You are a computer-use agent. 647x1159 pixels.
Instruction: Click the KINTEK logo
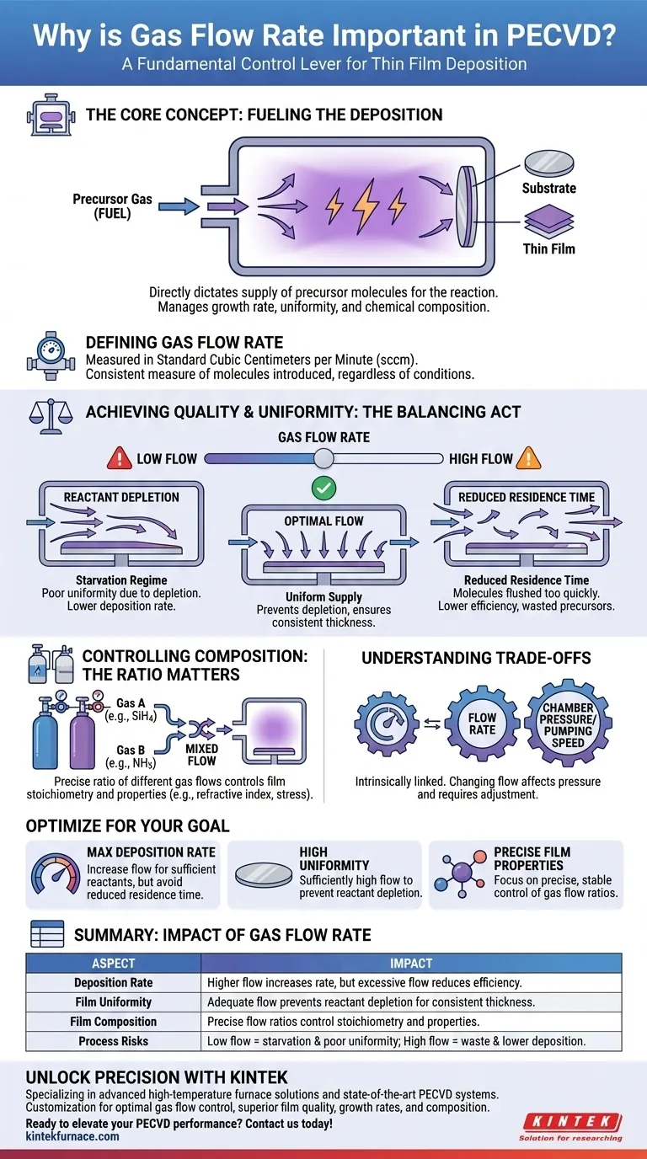tap(574, 1121)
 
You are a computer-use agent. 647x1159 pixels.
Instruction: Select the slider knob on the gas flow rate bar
tap(323, 459)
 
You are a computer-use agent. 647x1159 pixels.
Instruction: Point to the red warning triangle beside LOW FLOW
tap(119, 458)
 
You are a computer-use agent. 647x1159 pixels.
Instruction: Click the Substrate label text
tap(549, 188)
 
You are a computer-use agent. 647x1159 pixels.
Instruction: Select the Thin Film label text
tap(549, 248)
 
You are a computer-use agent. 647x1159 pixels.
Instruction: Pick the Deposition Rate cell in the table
tap(113, 983)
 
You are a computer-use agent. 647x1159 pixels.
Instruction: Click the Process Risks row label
tap(113, 1041)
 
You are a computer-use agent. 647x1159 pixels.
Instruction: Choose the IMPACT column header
tap(411, 964)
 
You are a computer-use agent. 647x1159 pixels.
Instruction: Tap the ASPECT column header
tap(113, 964)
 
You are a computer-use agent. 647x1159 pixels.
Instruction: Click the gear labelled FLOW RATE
tap(482, 724)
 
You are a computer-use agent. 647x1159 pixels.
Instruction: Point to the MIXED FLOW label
tap(201, 755)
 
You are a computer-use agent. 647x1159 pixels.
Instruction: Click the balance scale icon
tap(45, 412)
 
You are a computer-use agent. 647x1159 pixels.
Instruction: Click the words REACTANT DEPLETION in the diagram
tap(121, 497)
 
